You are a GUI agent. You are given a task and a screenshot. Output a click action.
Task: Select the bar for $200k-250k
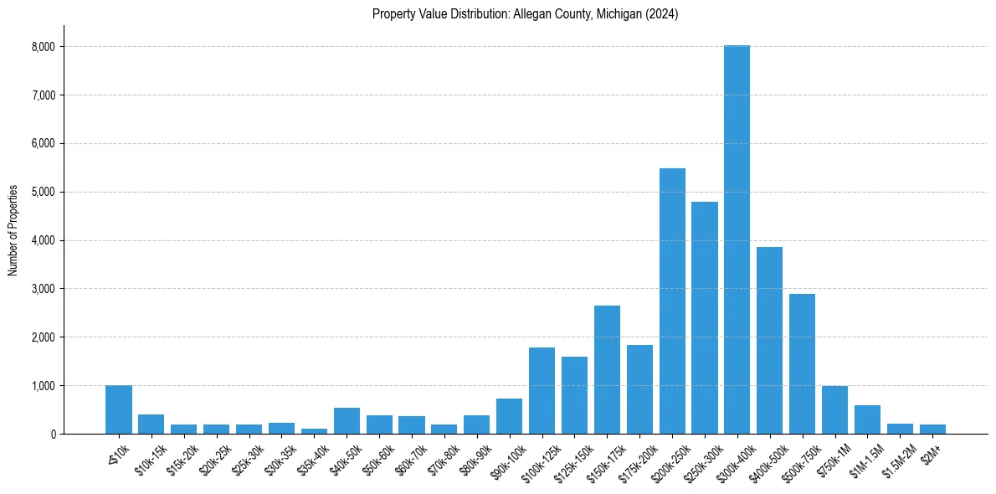point(672,301)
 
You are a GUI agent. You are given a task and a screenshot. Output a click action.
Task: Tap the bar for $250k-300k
point(705,318)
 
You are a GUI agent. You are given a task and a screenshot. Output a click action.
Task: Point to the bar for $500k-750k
point(802,364)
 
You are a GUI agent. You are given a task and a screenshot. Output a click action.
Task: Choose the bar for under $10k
point(119,409)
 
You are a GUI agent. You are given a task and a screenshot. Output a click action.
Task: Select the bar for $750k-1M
point(834,410)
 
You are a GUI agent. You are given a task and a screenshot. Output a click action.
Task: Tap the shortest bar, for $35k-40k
point(314,431)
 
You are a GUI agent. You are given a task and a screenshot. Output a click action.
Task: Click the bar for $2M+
point(932,430)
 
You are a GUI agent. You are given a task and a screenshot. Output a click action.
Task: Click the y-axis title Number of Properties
point(13,230)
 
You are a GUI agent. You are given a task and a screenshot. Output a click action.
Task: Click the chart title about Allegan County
point(525,14)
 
